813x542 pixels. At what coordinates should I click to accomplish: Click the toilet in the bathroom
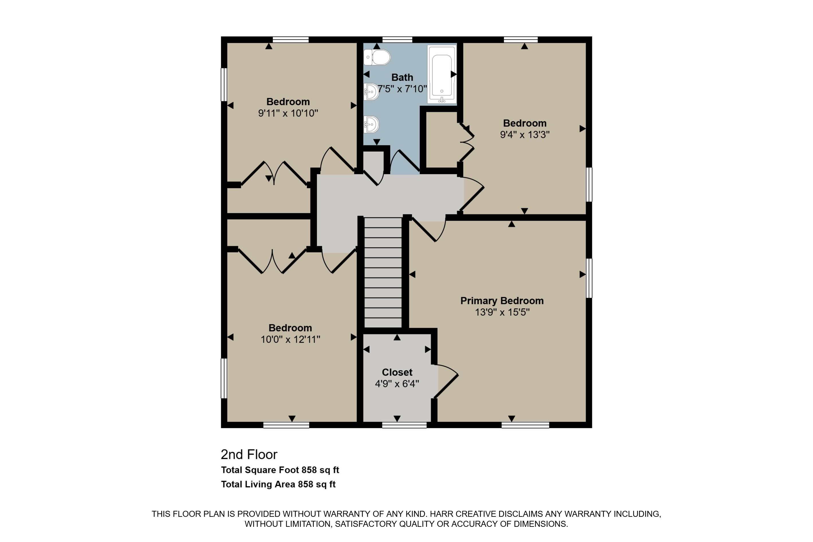tap(377, 57)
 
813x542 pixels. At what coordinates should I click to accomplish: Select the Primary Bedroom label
tap(502, 301)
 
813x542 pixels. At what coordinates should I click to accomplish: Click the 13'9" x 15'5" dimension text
tap(502, 312)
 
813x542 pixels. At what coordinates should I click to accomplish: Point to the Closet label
tap(397, 372)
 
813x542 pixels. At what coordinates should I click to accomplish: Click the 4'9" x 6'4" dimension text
tap(397, 384)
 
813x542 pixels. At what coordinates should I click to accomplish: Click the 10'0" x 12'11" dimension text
tap(290, 340)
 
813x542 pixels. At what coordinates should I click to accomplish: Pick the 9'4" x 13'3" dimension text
tap(525, 135)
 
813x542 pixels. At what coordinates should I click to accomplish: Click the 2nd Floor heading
tap(249, 455)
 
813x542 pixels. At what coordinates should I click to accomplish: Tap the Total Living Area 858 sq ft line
tap(278, 484)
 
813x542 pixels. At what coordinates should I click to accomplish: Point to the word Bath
tap(402, 77)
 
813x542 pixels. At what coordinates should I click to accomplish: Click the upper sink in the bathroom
tap(371, 92)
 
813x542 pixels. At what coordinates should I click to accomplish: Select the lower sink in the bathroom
tap(371, 124)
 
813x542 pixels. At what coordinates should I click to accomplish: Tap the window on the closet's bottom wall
tap(404, 425)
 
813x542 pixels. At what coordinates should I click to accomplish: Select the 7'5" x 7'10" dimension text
tap(402, 89)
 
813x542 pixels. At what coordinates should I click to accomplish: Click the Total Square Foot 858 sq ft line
tap(280, 470)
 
